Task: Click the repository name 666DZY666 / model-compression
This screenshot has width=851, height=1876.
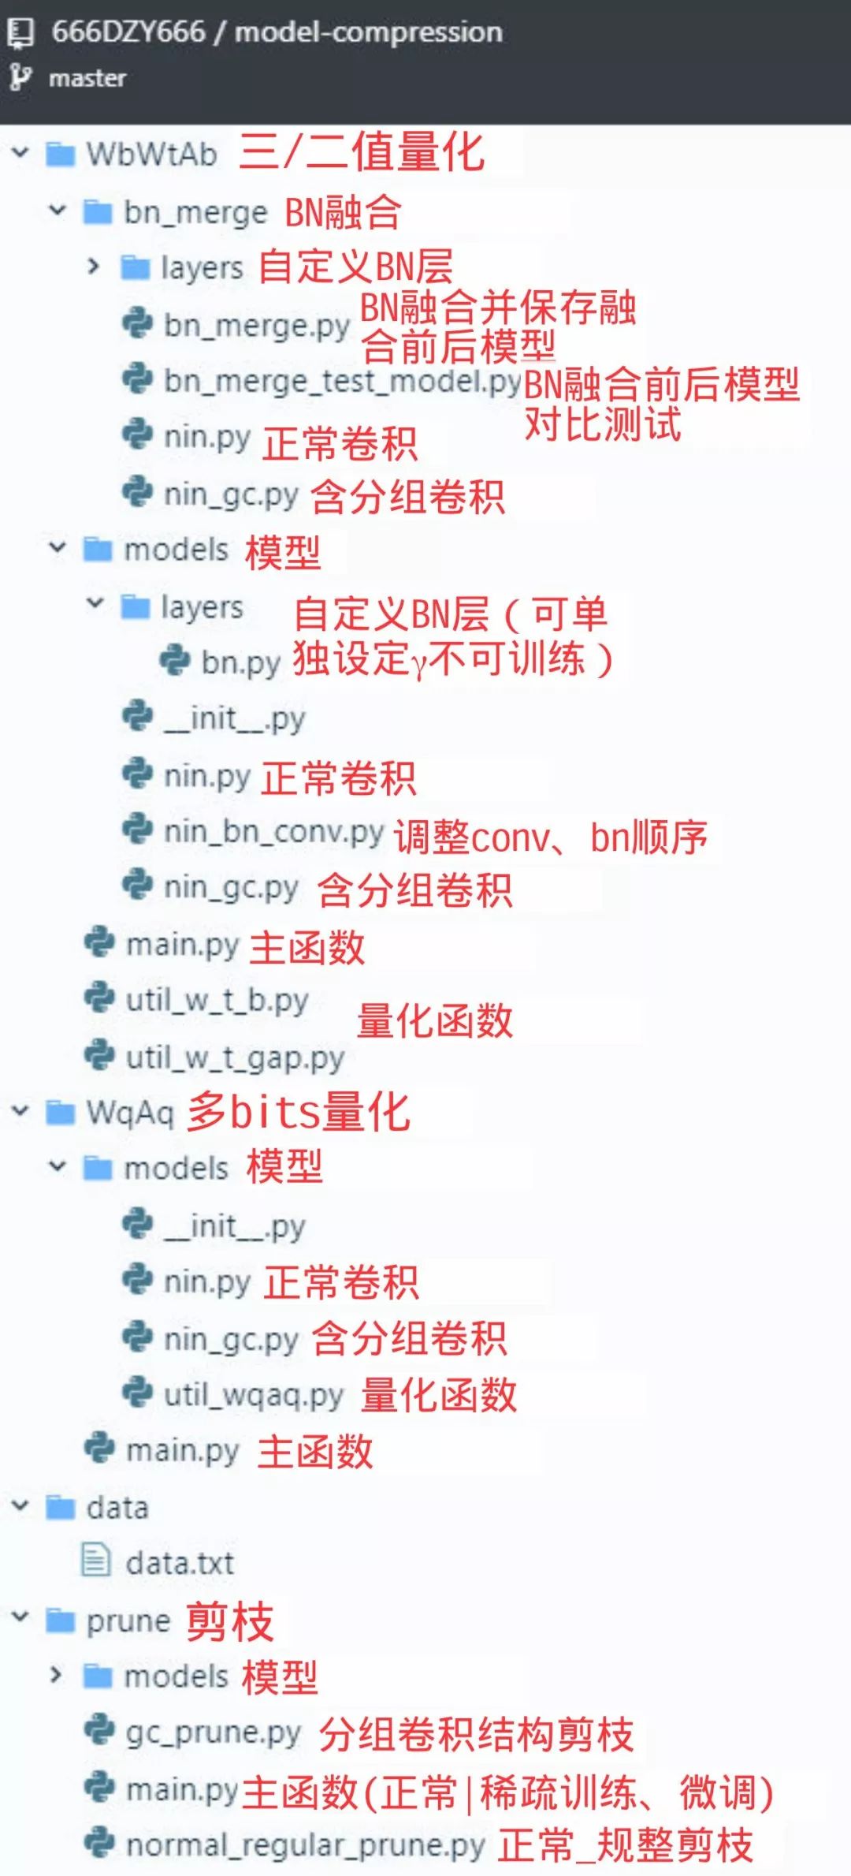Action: (x=277, y=32)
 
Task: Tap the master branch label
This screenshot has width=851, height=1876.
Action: (x=87, y=78)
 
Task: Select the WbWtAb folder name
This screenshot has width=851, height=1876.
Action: (x=151, y=155)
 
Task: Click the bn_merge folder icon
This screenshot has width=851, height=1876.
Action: (x=98, y=212)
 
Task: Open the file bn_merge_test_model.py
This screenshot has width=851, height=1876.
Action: (x=342, y=382)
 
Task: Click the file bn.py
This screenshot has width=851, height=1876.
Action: (x=240, y=662)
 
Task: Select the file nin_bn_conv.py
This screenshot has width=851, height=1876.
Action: (x=273, y=832)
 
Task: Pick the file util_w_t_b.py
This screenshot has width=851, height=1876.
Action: (x=217, y=1001)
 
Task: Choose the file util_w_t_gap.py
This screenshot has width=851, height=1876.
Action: (x=235, y=1057)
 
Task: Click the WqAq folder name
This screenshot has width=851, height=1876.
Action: (x=130, y=1113)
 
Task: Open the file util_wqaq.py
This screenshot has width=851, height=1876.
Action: (x=253, y=1395)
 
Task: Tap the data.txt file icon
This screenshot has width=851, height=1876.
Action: (x=96, y=1561)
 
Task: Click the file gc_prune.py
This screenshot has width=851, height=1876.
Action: (x=213, y=1732)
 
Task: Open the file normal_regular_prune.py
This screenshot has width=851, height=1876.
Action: (x=305, y=1845)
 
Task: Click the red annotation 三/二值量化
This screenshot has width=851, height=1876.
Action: (x=362, y=151)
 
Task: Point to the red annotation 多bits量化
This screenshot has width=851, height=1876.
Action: (x=299, y=1112)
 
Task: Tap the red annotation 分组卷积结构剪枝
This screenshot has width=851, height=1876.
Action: (x=476, y=1734)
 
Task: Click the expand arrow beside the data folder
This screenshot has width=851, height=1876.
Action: (x=20, y=1506)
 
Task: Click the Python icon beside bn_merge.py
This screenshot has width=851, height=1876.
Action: (x=137, y=324)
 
